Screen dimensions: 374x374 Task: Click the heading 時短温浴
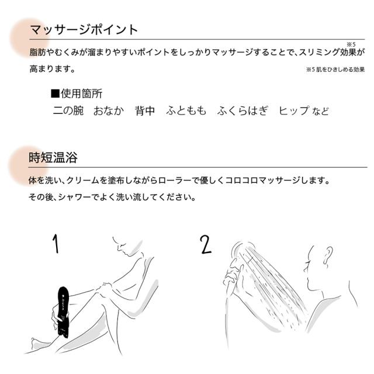[x=53, y=157]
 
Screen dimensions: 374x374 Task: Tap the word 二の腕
[x=67, y=110]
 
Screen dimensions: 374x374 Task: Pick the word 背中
[x=144, y=110]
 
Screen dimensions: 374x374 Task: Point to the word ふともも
[x=186, y=110]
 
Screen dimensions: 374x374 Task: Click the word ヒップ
[x=293, y=110]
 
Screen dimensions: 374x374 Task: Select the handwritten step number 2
[x=205, y=244]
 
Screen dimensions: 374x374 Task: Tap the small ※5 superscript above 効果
[x=351, y=44]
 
